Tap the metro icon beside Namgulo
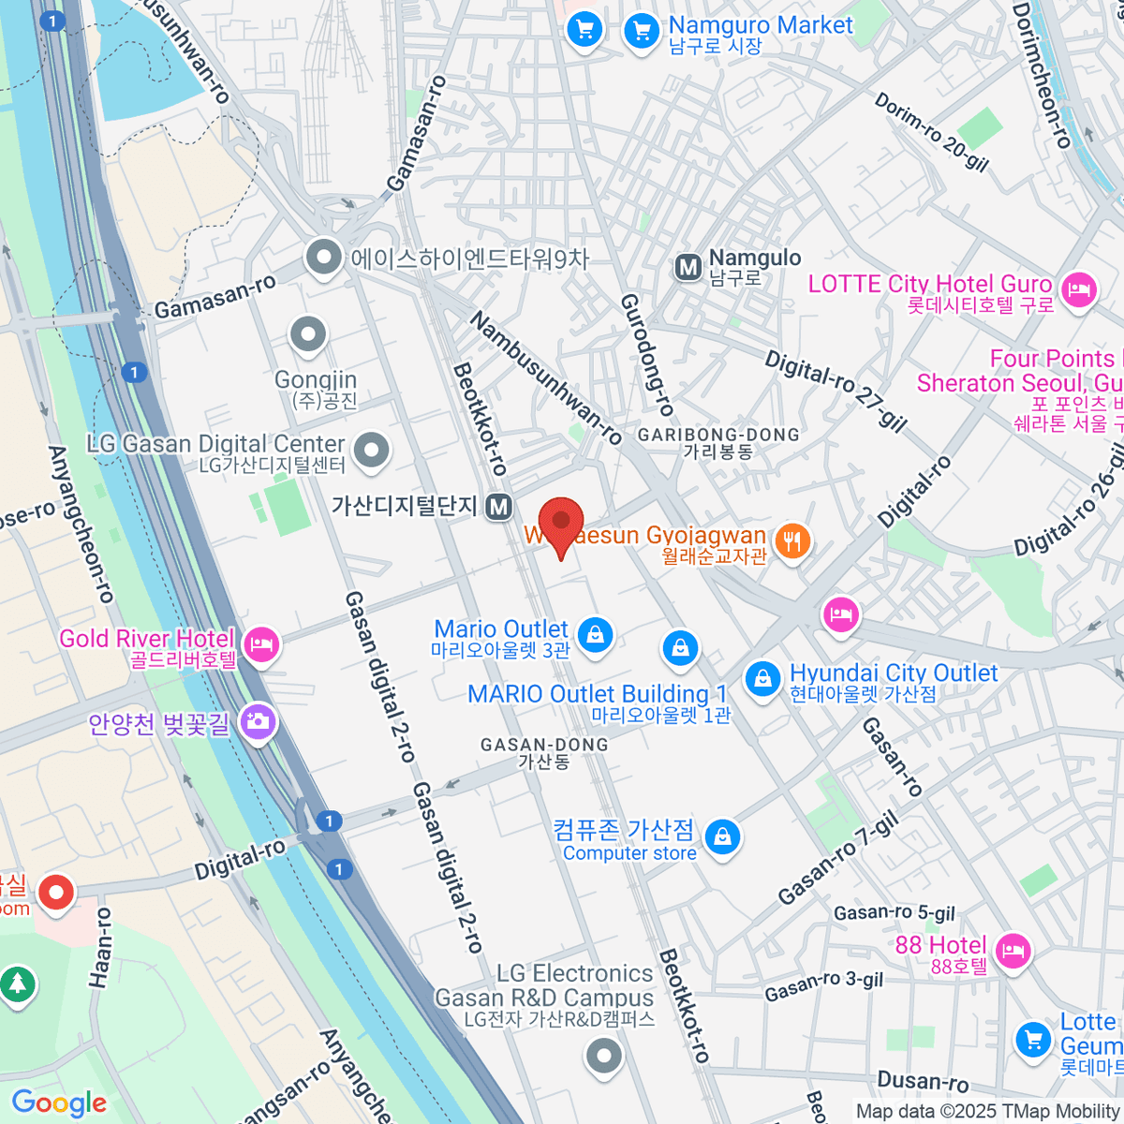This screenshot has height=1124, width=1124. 688,268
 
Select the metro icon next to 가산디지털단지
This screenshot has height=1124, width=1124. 499,507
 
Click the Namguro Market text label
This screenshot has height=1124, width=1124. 760,25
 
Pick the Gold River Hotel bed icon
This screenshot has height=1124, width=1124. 261,644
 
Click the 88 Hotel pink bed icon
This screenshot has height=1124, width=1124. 1012,951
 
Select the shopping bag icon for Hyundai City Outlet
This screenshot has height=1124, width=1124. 762,678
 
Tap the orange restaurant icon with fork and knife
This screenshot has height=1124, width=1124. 792,540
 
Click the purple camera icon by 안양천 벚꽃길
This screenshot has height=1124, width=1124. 257,721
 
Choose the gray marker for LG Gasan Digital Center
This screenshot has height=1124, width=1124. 372,450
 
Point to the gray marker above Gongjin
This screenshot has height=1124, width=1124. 308,333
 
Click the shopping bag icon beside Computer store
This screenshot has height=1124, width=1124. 722,836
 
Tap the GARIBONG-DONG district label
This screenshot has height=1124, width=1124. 718,436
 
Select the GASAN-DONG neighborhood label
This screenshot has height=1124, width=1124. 544,745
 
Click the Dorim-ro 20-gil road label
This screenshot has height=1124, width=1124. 931,132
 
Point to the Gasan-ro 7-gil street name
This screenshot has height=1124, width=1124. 838,859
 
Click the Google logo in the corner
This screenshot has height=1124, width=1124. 59,1102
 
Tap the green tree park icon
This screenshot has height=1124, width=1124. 16,983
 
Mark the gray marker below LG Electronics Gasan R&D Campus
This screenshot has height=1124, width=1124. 604,1057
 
